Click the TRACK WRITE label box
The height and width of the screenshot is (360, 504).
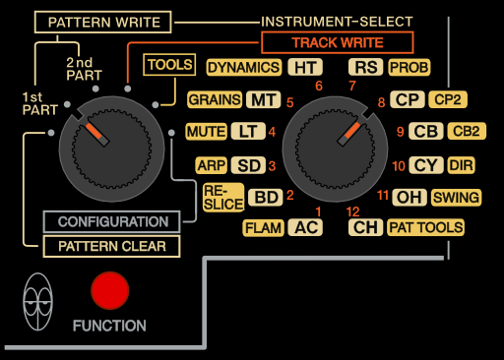(338, 42)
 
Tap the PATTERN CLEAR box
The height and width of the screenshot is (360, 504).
(111, 246)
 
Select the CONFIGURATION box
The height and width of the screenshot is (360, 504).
(111, 222)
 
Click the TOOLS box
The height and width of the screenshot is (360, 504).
(169, 65)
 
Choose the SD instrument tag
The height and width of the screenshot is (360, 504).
(248, 165)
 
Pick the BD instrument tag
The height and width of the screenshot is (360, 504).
(266, 198)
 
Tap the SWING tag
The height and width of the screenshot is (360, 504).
(456, 198)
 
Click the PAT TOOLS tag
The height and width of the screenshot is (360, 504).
(425, 227)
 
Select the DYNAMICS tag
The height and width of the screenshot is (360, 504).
(244, 68)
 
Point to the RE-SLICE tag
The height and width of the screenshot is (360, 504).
(223, 198)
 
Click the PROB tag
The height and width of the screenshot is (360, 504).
(409, 68)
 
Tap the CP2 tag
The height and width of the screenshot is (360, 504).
(448, 99)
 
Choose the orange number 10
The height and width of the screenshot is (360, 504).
(399, 166)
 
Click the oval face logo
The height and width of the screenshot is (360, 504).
(37, 302)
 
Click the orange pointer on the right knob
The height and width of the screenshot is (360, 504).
(352, 130)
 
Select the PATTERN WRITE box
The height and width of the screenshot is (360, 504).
(102, 23)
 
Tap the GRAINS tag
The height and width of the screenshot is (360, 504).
(215, 99)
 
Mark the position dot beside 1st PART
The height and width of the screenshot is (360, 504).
(67, 104)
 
